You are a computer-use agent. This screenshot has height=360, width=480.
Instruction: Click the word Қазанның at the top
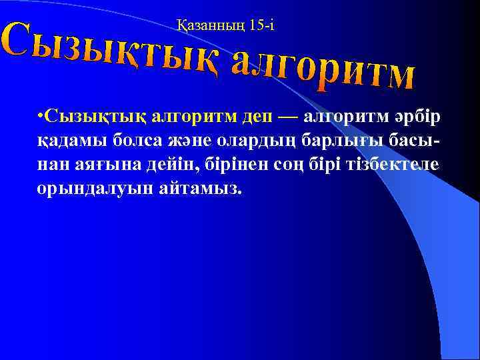[212, 26]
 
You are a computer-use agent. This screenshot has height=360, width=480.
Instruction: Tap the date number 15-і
[261, 26]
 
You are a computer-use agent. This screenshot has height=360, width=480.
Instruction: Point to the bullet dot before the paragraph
[41, 118]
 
